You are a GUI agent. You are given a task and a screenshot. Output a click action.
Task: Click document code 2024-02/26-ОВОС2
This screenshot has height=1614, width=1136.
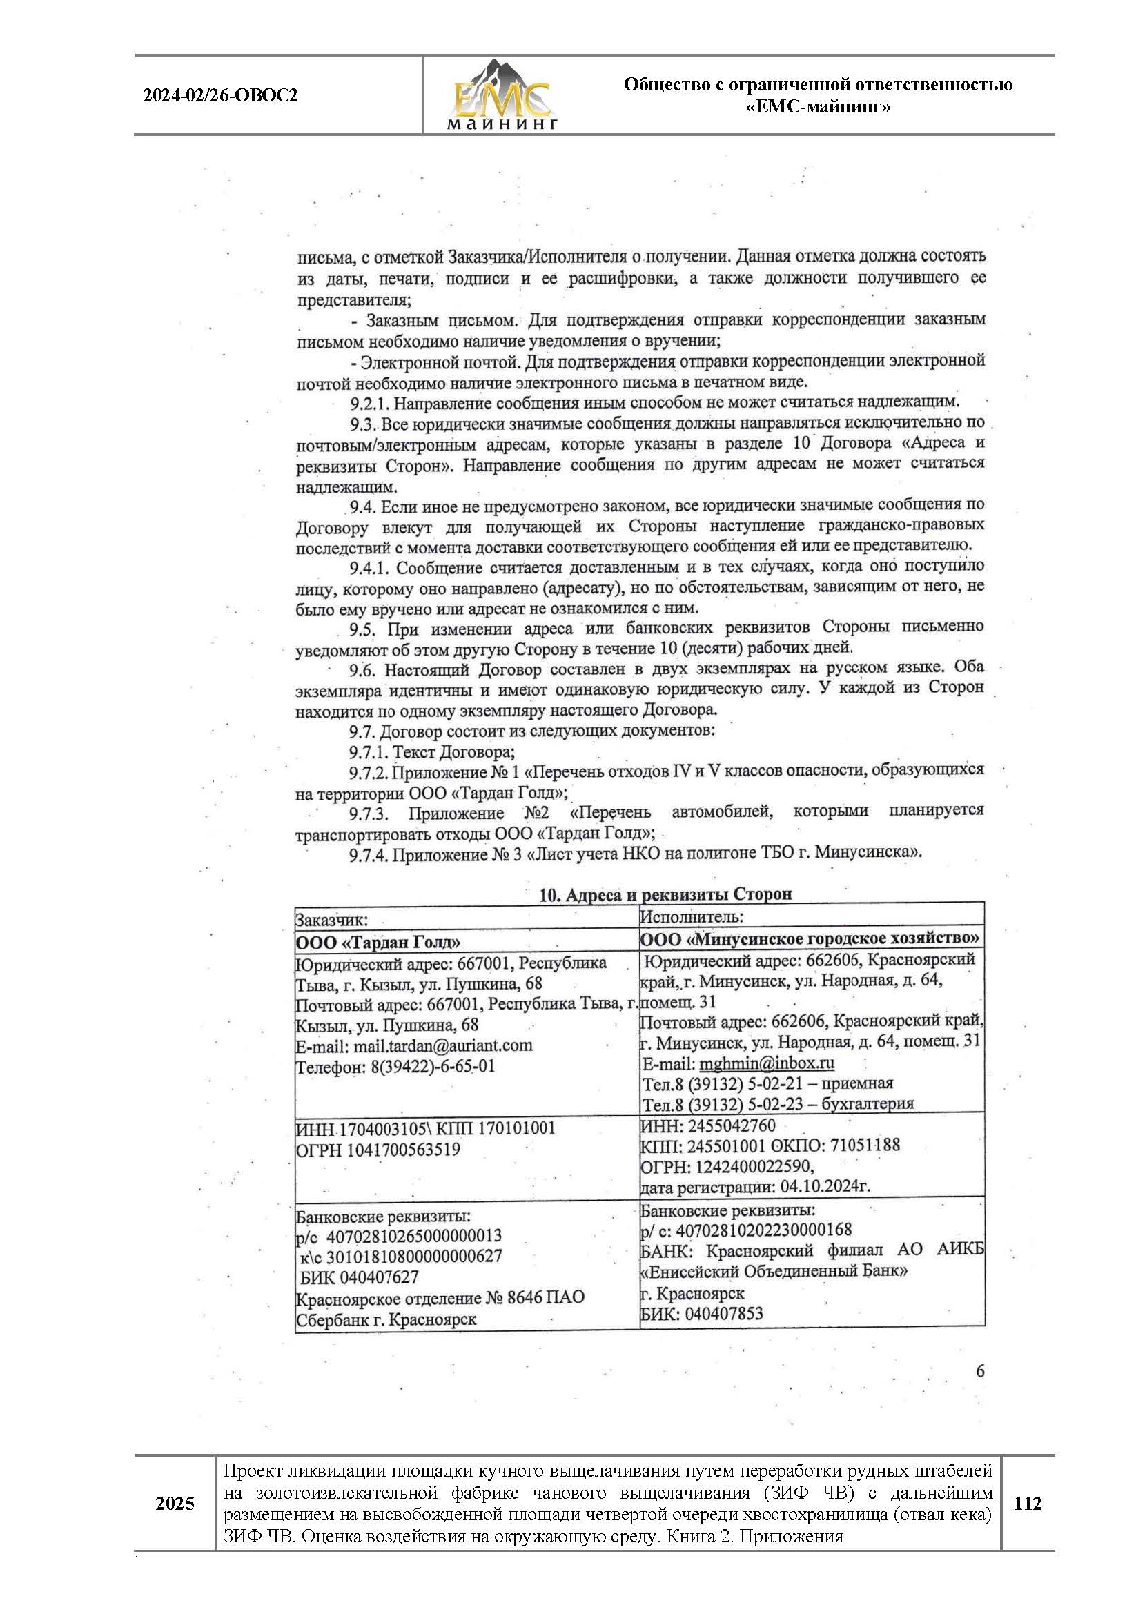coord(220,96)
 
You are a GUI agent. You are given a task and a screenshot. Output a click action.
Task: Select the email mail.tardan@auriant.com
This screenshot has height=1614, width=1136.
coord(443,1045)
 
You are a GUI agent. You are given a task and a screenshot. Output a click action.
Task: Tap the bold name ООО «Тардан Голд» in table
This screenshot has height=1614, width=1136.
coord(378,942)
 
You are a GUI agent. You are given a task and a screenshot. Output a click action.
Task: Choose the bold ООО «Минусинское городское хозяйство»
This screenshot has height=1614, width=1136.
coord(810,938)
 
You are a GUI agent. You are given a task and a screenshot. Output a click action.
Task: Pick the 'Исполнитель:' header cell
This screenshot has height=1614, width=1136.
coord(692,916)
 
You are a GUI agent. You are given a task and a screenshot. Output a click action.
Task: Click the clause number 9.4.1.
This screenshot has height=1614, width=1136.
coord(372,567)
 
